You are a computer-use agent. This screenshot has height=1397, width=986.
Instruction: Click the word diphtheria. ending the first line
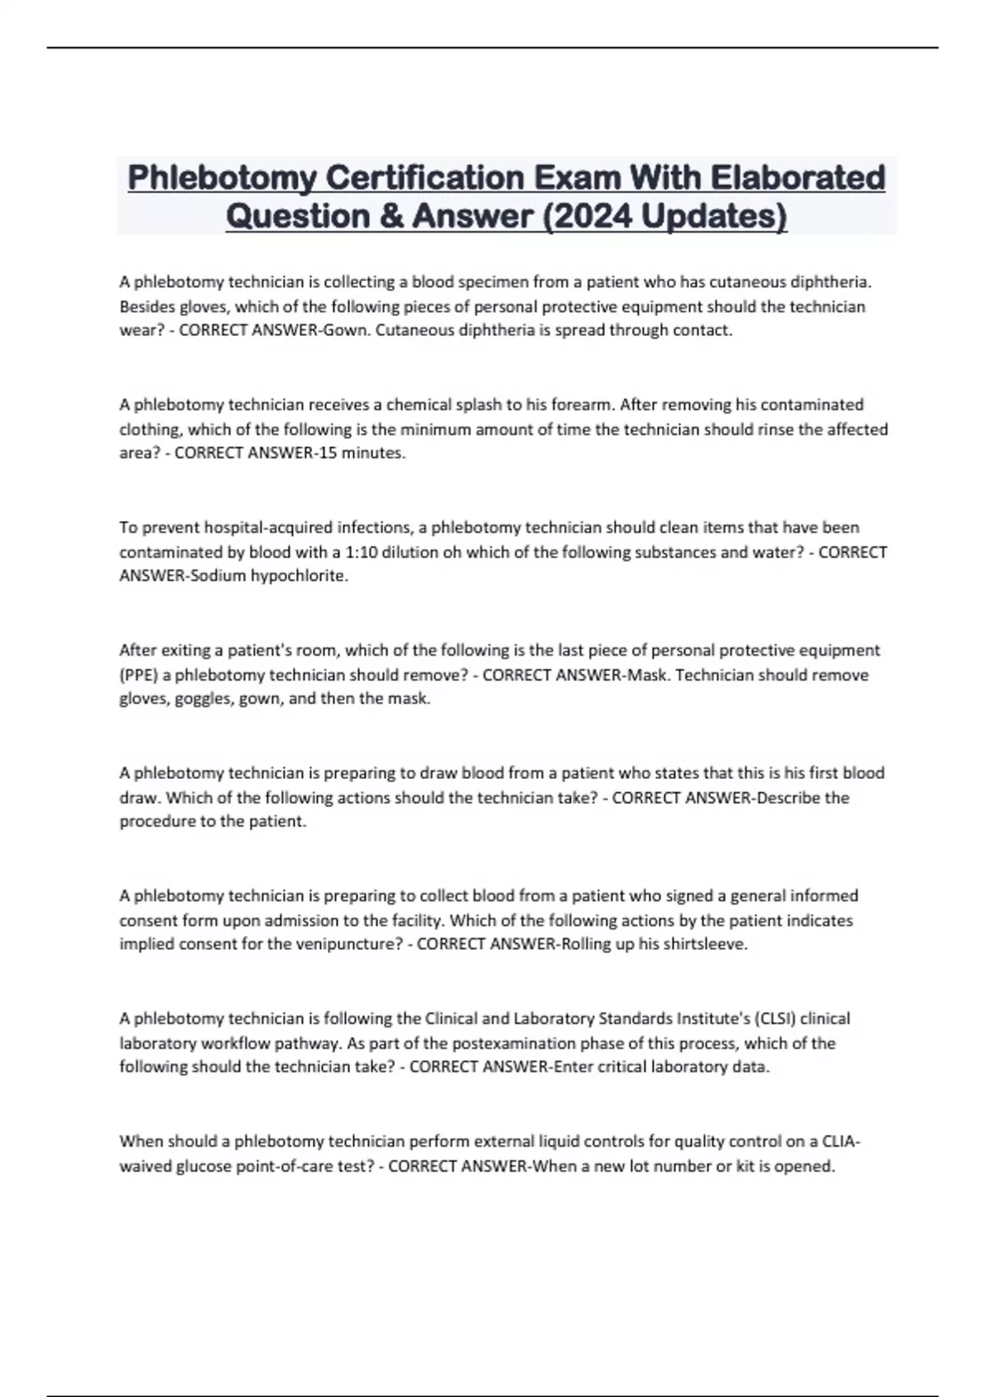coord(830,282)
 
